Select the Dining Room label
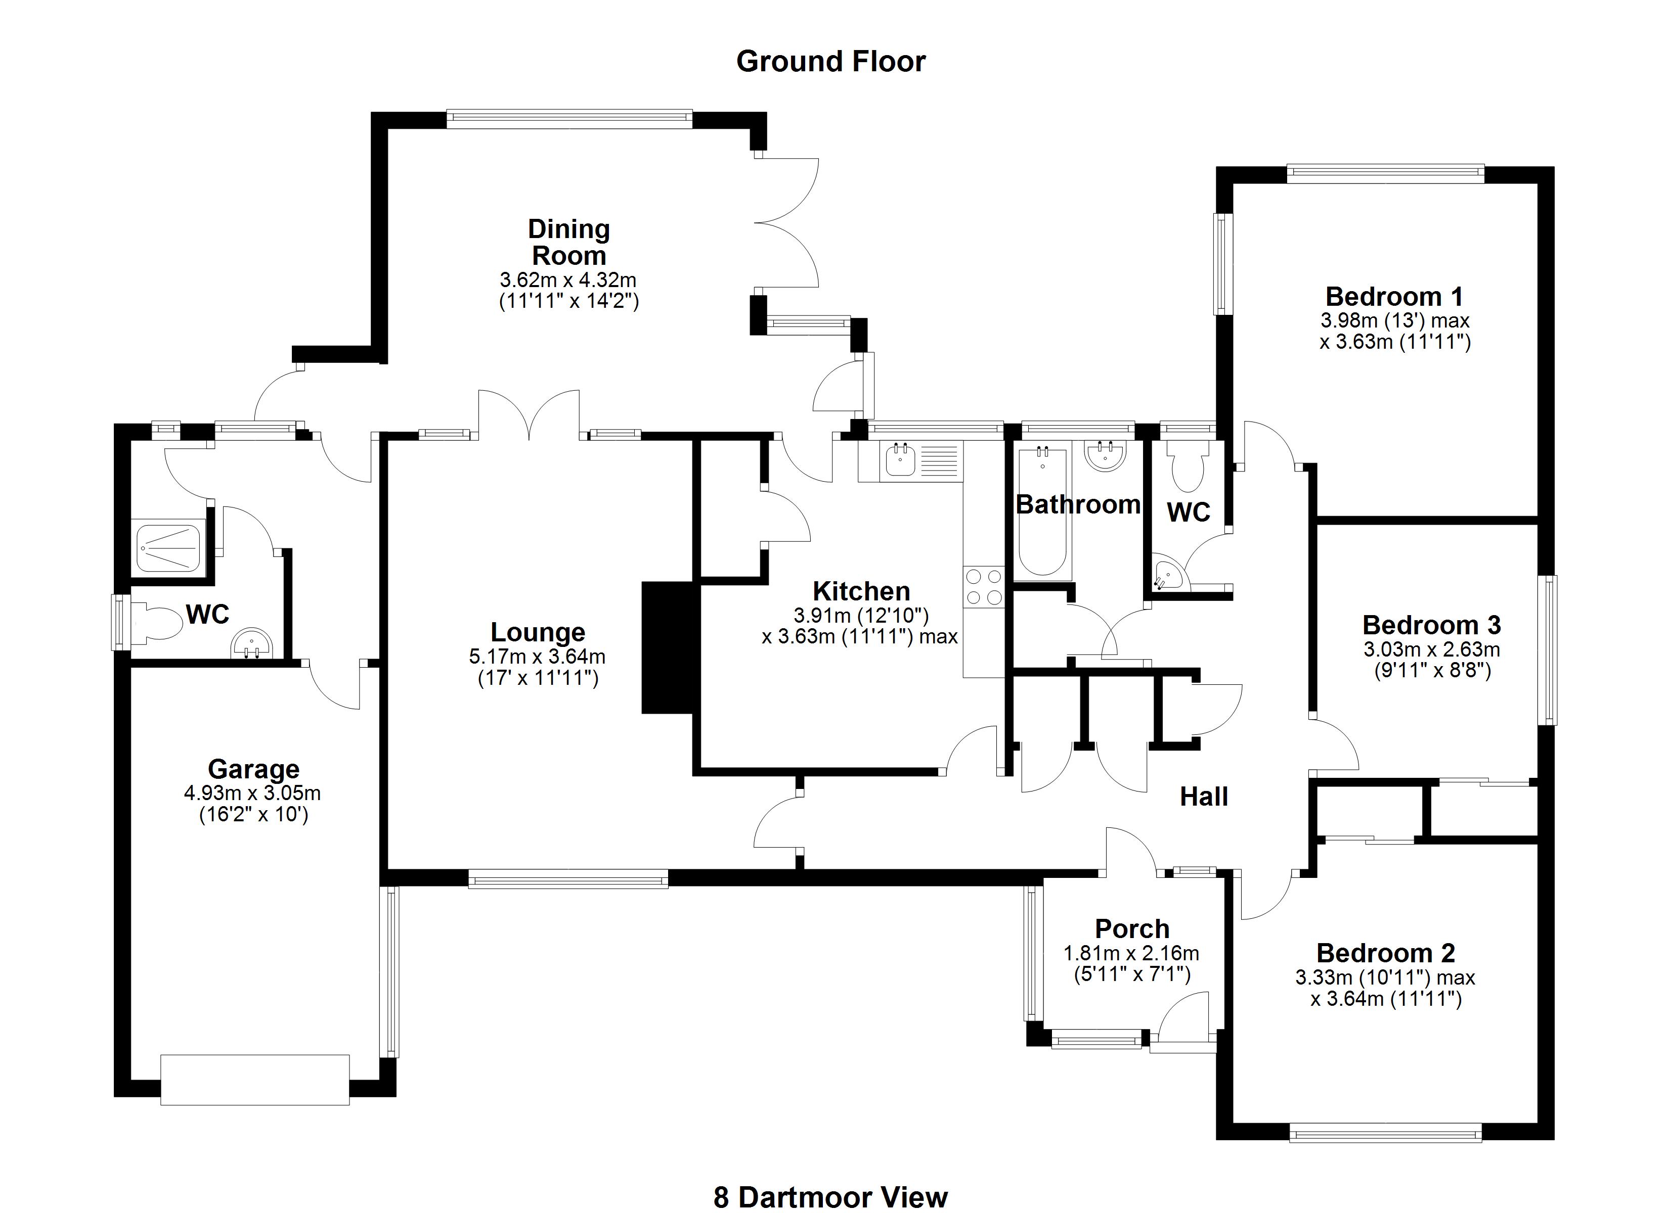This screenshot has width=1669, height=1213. [x=569, y=243]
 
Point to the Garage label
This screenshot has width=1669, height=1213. [x=253, y=769]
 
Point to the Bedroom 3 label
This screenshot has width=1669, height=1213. [x=1431, y=625]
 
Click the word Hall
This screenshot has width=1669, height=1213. [x=1204, y=797]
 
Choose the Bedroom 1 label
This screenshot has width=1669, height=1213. [x=1394, y=297]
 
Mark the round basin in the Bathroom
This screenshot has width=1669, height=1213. [x=1105, y=455]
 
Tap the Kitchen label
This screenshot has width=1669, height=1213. [x=861, y=591]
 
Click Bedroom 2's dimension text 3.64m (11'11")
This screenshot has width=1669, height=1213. [x=1386, y=999]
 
